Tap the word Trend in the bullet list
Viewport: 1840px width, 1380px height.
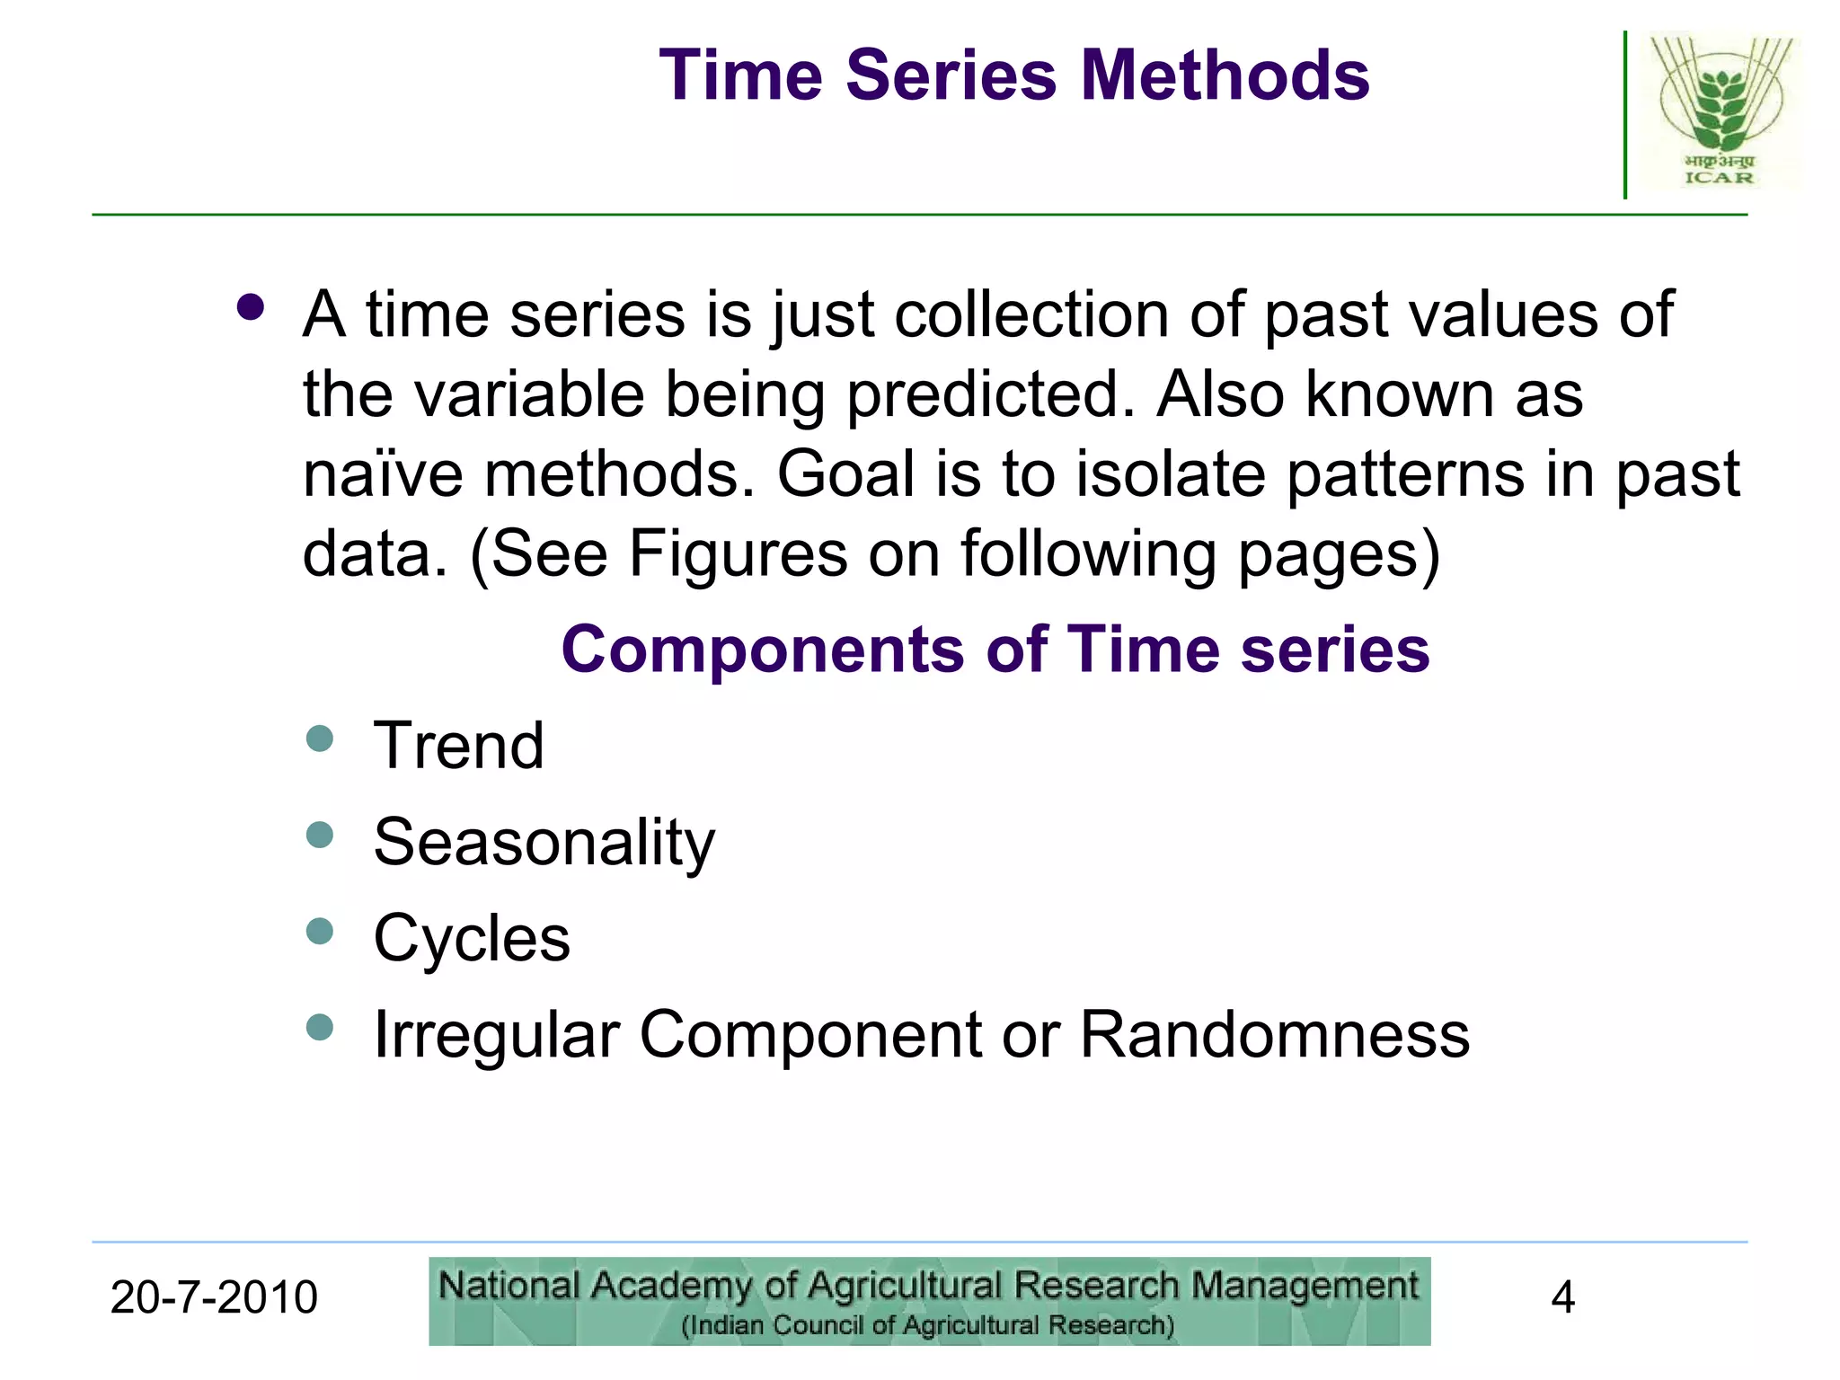coord(458,746)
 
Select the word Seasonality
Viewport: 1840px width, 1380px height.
coord(544,843)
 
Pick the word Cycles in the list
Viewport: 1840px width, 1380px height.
coord(472,939)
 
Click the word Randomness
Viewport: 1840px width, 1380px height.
coord(1274,1035)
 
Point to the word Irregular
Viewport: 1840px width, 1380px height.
coord(497,1035)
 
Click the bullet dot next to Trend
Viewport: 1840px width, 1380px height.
coord(320,739)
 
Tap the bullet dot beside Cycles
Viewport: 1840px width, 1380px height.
coord(320,931)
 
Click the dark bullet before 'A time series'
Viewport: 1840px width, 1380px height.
coord(251,308)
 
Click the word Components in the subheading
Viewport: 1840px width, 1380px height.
coord(762,650)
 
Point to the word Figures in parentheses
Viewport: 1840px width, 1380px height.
coord(737,553)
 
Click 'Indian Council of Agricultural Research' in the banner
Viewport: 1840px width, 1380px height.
coord(928,1326)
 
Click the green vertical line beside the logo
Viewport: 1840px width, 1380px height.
coord(1625,115)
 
